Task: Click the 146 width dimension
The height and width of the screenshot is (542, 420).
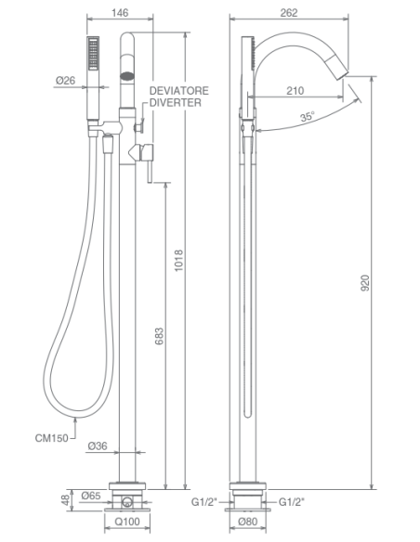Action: [120, 13]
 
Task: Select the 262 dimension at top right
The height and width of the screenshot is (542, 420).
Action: [289, 13]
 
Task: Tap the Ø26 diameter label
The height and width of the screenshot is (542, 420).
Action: [65, 81]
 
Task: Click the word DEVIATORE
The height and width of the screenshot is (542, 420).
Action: [178, 91]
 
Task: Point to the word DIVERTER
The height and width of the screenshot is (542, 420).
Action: [175, 102]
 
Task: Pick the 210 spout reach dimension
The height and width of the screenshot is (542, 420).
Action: [295, 91]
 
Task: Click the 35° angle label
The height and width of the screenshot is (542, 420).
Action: [308, 116]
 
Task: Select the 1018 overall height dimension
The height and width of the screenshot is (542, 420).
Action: [178, 260]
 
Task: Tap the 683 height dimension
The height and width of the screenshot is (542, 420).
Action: [159, 336]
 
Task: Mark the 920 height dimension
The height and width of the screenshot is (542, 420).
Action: [365, 282]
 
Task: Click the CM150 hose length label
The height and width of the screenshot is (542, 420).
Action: [51, 438]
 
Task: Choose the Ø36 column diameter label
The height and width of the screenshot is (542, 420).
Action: [98, 445]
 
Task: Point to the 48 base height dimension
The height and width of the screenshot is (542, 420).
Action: [66, 499]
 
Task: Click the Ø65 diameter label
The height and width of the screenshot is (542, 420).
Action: [91, 496]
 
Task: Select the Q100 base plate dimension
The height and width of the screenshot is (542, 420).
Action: [127, 522]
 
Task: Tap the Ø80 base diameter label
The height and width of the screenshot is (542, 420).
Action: [248, 522]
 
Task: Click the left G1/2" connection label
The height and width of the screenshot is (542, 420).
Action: [204, 501]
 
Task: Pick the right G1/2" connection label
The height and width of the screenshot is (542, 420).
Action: [292, 501]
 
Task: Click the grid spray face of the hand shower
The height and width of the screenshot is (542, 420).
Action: [94, 54]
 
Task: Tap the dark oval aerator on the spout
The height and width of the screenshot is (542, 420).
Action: [127, 75]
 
